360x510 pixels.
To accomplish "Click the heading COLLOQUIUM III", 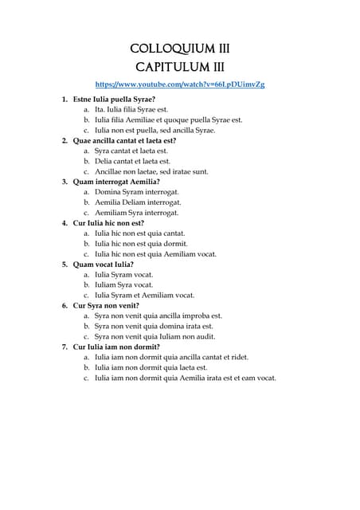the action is pos(179,48).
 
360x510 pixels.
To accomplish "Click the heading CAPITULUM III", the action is pos(179,67).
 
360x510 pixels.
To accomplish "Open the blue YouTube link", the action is pos(180,84).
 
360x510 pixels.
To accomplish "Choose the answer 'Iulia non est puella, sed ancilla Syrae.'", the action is pos(155,130).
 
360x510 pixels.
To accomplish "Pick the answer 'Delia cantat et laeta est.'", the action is pos(132,161).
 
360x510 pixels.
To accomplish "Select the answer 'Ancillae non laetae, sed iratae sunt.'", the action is pos(151,171).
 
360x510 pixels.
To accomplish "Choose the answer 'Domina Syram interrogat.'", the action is pos(136,192).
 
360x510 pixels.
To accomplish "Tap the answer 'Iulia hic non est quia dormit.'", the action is pos(141,244).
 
